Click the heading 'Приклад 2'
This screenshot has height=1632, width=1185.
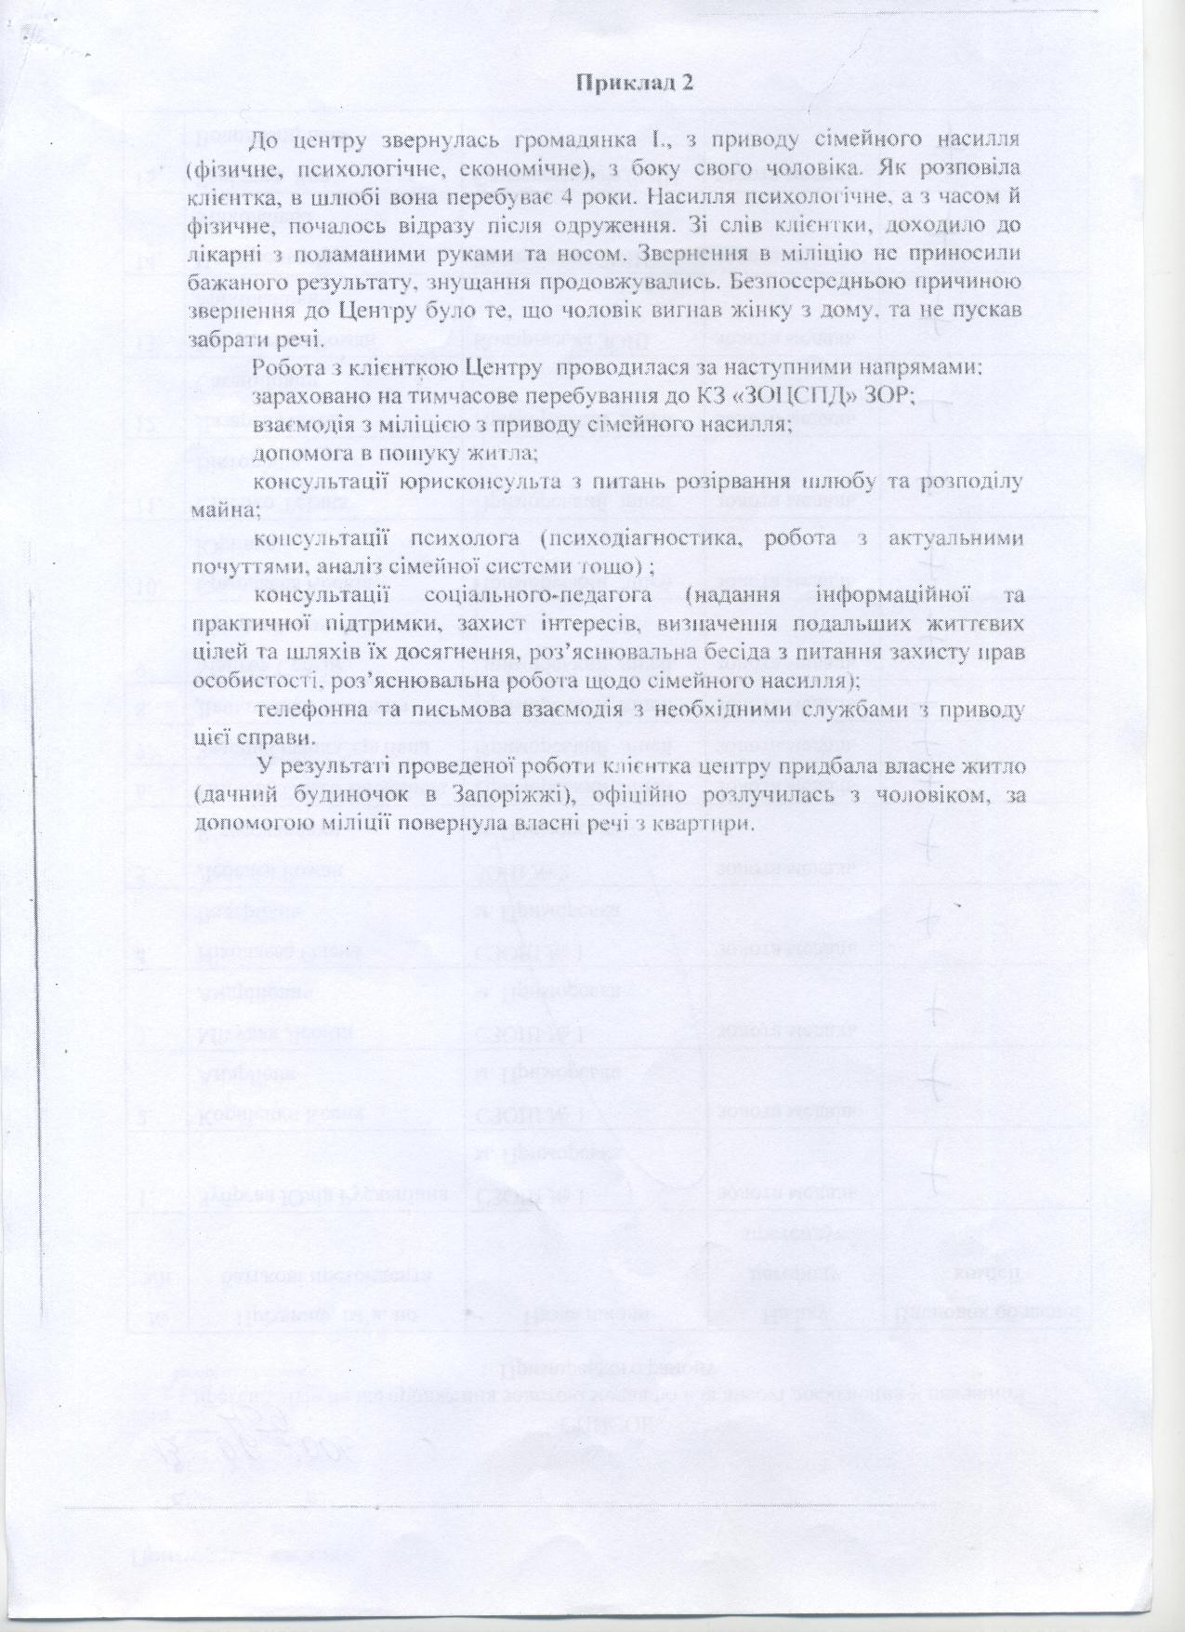[x=637, y=82]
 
